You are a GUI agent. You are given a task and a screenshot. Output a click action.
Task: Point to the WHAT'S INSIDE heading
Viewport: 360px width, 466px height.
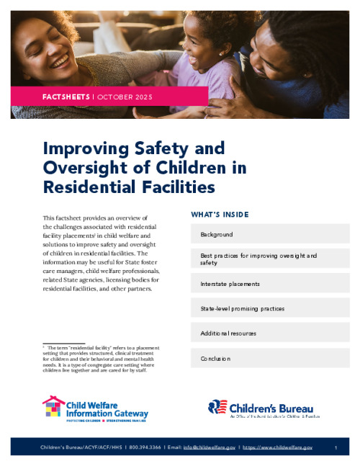220,214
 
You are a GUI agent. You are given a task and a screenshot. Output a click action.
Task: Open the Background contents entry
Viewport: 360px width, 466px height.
216,235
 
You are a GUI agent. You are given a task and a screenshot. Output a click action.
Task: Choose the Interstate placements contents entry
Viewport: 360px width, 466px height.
230,284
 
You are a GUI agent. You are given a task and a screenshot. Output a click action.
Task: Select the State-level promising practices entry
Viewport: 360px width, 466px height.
242,308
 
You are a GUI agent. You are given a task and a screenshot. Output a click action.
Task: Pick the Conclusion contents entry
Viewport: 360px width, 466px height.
215,358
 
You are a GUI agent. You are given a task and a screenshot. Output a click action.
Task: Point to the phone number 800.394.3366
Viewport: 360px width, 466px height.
145,448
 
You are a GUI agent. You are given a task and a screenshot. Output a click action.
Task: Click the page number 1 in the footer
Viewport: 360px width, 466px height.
336,448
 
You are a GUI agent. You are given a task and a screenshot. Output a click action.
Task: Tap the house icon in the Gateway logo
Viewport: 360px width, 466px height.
53,408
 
